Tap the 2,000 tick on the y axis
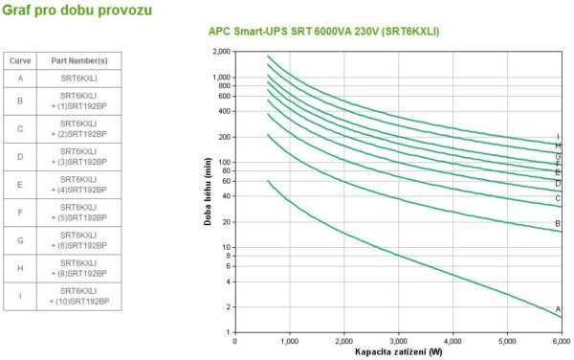click(x=222, y=52)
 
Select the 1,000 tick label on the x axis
click(x=290, y=341)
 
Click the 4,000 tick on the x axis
click(x=453, y=341)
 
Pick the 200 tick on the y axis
click(x=226, y=137)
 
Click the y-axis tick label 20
click(x=228, y=222)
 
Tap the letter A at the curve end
click(x=558, y=308)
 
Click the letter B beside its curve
click(x=558, y=224)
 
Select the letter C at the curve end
click(x=558, y=198)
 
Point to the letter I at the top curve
click(x=558, y=137)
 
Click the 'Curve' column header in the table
click(x=20, y=60)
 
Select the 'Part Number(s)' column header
click(x=78, y=60)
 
